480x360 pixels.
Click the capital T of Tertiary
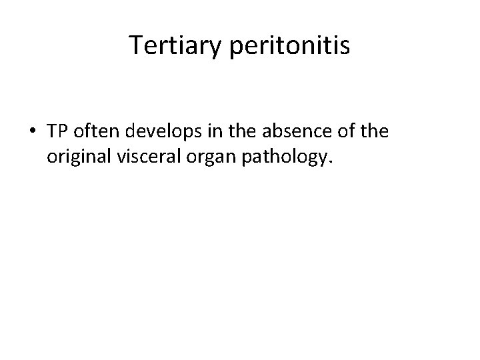tap(135, 46)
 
